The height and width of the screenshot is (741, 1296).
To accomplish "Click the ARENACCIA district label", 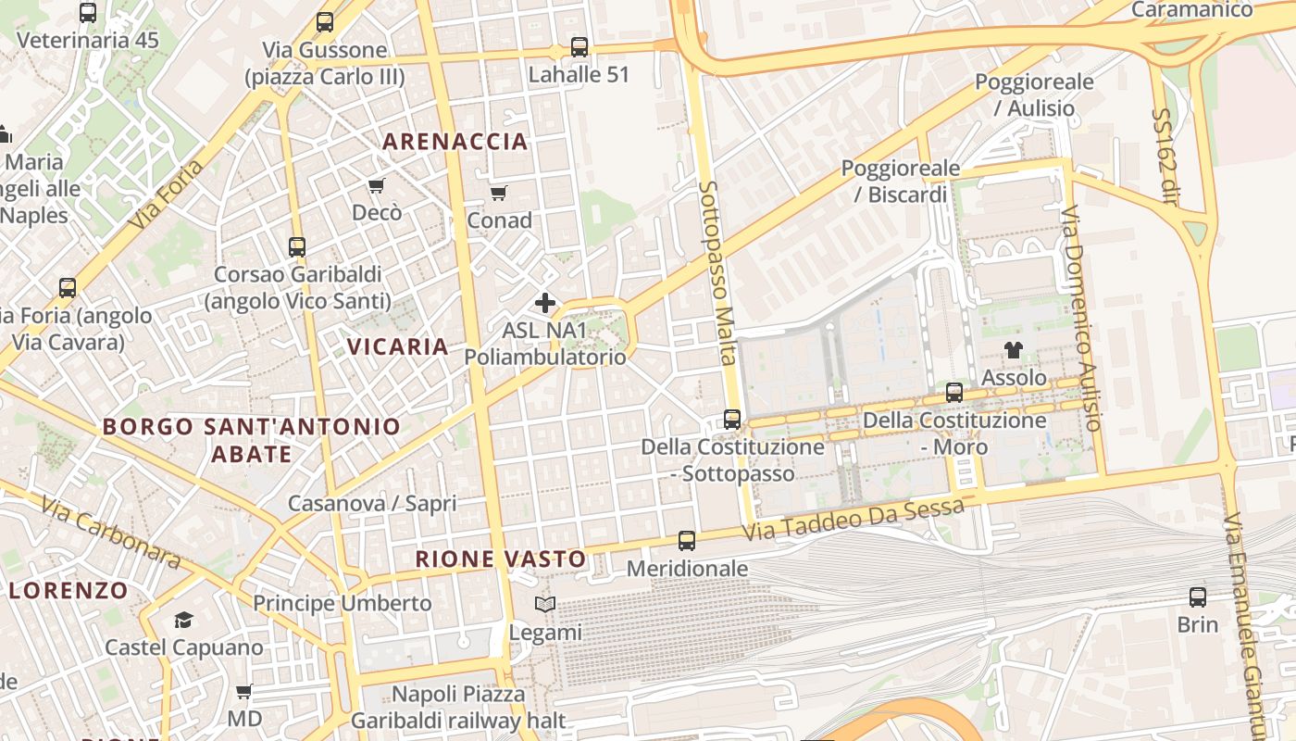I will tap(455, 142).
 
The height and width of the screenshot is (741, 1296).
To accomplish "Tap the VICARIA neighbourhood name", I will tap(397, 346).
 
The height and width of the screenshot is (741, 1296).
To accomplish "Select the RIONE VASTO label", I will tap(501, 559).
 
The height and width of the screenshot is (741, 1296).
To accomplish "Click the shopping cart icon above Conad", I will tap(499, 193).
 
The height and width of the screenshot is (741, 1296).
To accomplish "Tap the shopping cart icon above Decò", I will tap(377, 186).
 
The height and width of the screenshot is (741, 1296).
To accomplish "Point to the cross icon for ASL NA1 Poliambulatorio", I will tap(545, 302).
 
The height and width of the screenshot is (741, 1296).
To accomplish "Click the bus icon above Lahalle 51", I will tap(579, 46).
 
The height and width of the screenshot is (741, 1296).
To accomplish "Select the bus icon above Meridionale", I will tap(687, 540).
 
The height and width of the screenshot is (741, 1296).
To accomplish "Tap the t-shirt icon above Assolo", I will tap(1014, 350).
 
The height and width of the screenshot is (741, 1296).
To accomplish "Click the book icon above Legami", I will tap(546, 605).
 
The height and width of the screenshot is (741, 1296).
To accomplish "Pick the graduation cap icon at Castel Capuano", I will tap(183, 620).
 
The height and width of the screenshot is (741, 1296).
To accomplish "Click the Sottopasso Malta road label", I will tap(718, 273).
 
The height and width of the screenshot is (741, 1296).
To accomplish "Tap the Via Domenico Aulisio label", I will tap(1081, 318).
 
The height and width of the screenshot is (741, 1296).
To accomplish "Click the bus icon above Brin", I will tap(1198, 597).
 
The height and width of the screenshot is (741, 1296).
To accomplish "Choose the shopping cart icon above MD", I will tap(244, 691).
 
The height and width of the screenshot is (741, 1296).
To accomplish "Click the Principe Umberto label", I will tap(343, 603).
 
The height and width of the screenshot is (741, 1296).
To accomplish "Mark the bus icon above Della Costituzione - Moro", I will tap(954, 392).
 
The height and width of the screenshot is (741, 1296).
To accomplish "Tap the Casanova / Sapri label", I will tap(372, 503).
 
